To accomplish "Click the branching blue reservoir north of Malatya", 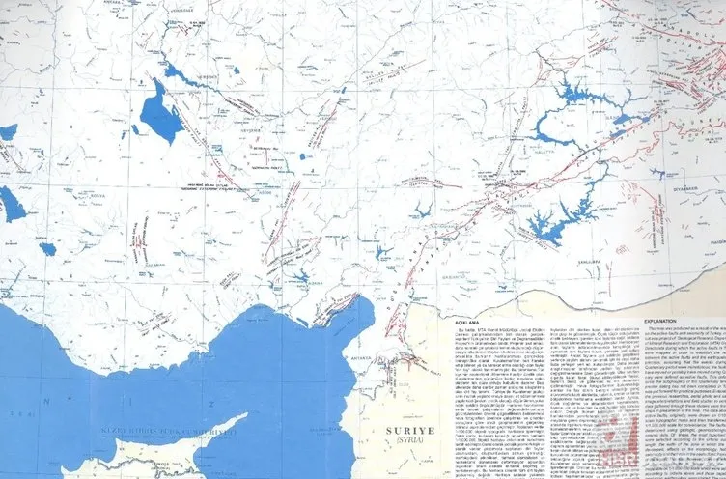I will pyautogui.click(x=570, y=97).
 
